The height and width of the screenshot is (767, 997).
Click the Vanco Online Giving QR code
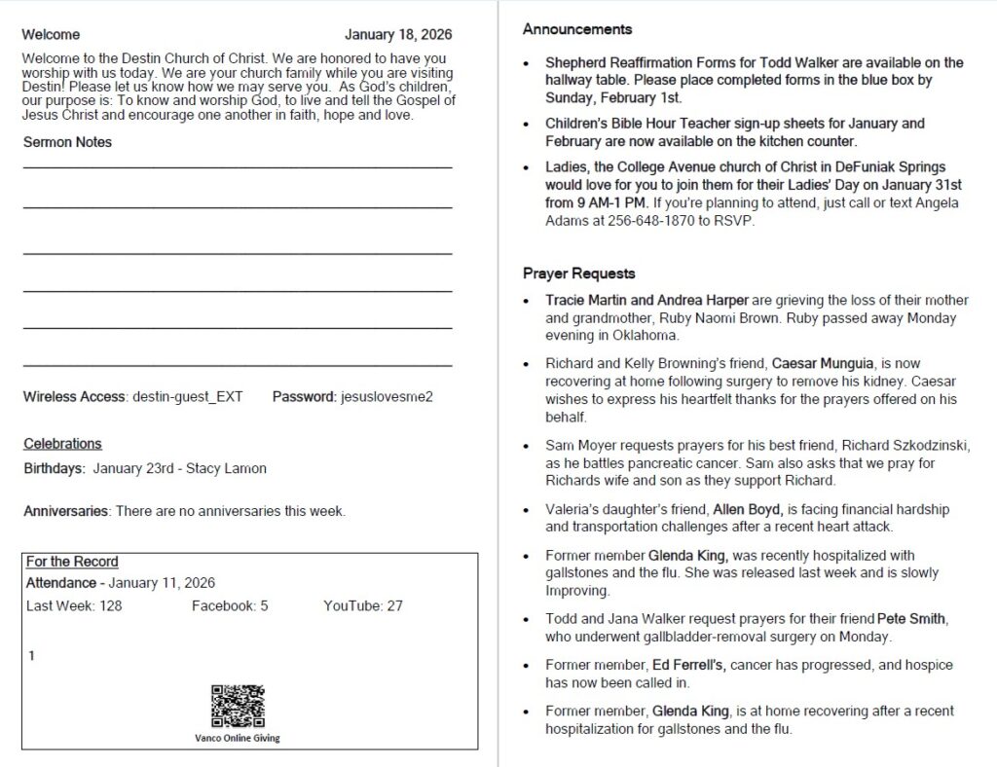pos(238,708)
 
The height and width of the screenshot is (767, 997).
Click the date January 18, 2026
pos(398,35)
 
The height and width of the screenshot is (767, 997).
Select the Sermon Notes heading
pos(67,142)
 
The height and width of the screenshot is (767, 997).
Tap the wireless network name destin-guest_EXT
pos(187,397)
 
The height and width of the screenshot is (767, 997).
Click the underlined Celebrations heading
pos(62,444)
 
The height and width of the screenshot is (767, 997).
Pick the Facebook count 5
pos(264,606)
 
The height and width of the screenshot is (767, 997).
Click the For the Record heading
pos(72,562)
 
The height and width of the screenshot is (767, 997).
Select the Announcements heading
pos(577,29)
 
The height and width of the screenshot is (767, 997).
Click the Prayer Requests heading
pos(578,274)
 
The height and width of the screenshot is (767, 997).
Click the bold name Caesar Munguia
pos(824,363)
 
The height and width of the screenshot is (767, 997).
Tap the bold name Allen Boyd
pos(748,509)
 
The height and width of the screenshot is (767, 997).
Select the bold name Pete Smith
pos(912,619)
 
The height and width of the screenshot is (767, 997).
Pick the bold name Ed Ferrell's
pos(688,665)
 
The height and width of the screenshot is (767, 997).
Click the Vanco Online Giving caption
pos(238,738)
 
